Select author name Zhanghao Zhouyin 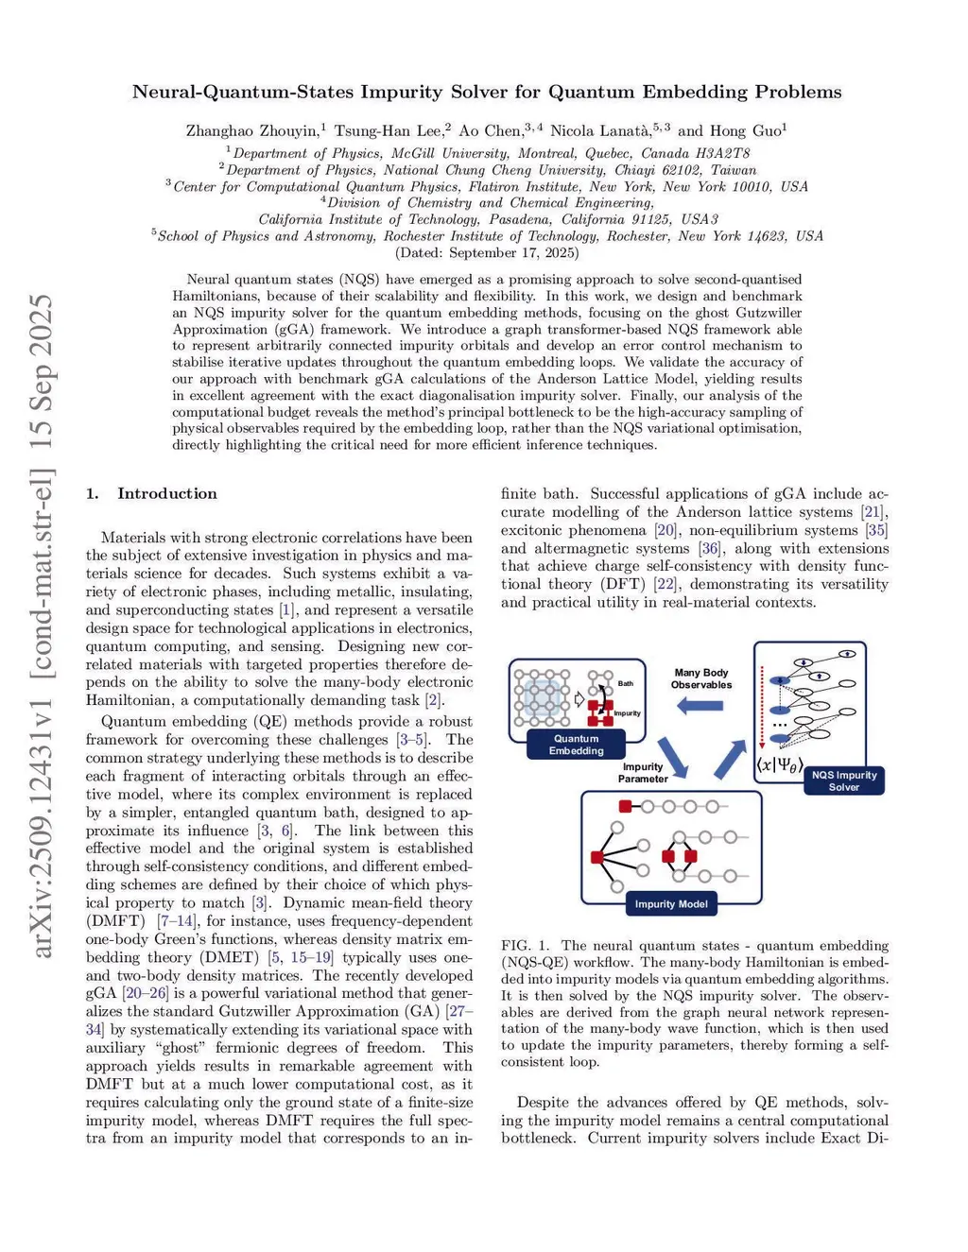point(252,131)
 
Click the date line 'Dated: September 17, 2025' point(487,252)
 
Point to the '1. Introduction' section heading point(151,493)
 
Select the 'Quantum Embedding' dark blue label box point(576,745)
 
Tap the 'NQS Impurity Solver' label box point(843,780)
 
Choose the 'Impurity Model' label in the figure point(670,904)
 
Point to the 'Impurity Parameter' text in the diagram point(643,773)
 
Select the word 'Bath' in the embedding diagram point(626,683)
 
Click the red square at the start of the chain point(625,806)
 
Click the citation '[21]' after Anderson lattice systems point(873,512)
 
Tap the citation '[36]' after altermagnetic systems point(709,548)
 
